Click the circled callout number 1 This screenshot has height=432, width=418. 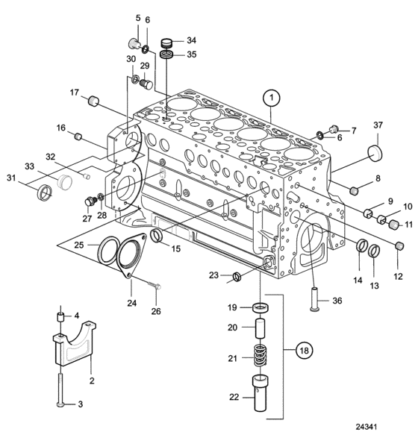point(272,98)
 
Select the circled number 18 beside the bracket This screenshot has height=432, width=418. point(305,351)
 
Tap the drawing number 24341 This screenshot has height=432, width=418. point(366,426)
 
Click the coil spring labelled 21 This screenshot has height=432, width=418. point(260,355)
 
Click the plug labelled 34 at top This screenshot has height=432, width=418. point(166,43)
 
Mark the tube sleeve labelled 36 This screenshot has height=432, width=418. point(314,299)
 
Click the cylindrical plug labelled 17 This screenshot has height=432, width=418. point(93,101)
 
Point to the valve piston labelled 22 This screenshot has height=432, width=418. point(260,393)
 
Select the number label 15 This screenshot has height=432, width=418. point(176,248)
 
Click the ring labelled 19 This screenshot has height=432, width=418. point(261,307)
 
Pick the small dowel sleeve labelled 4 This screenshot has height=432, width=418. point(60,316)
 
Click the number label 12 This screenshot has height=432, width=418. point(398,276)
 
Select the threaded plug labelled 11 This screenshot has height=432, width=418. point(394,225)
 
